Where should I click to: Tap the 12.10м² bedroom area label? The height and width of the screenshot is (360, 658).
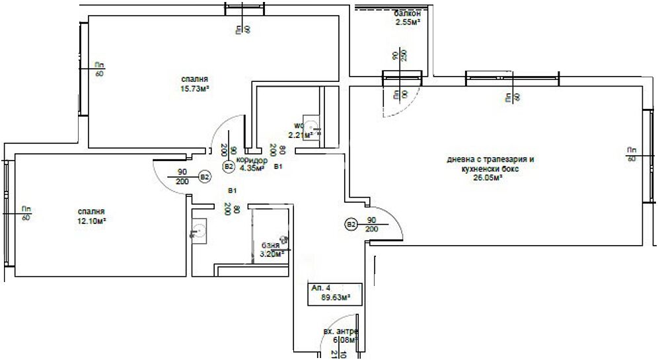coord(92,221)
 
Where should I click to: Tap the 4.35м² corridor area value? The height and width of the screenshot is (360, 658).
coord(252,168)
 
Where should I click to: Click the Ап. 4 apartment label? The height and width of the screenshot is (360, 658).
coord(321,289)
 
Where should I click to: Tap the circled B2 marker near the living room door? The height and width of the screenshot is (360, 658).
coord(351,225)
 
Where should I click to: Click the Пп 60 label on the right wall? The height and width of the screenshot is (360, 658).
coord(632,154)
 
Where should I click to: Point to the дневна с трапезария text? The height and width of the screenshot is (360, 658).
coord(490,160)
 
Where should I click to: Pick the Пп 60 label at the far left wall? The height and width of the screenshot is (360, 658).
coord(26,213)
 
